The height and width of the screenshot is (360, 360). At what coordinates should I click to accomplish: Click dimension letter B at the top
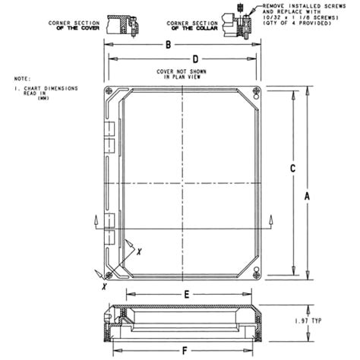point(168,46)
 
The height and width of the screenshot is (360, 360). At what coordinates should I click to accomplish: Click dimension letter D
point(195,58)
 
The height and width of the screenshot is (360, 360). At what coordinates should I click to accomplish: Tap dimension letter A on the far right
point(308,196)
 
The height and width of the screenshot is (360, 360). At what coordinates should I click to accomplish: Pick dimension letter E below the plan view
point(186,293)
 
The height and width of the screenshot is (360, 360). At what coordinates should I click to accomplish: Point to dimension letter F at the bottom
point(186,350)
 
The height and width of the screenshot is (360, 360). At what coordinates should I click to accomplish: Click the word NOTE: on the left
point(21,78)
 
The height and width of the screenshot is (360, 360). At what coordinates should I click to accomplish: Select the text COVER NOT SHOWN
point(180,71)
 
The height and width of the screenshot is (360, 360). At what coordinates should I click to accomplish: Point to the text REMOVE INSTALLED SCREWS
point(298,5)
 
